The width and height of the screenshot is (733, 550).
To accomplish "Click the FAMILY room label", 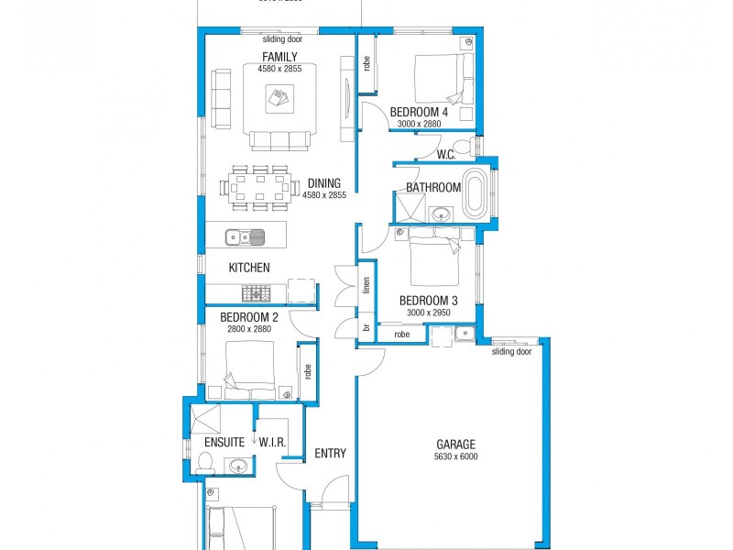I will (x=279, y=57).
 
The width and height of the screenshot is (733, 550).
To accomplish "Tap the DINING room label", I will (x=324, y=182).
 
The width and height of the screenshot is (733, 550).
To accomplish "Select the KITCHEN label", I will (x=249, y=268).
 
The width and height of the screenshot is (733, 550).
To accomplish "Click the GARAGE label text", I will (x=455, y=445).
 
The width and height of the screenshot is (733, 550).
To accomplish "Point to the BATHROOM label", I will (x=433, y=188).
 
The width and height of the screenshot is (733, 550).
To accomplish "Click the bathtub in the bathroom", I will (x=476, y=193).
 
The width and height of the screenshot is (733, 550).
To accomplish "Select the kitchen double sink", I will (x=246, y=237).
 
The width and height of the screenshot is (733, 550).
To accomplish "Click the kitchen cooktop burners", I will (x=255, y=293).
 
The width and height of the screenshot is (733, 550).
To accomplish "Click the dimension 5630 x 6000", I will (x=455, y=456).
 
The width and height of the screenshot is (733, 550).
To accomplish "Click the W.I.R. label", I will (x=272, y=443).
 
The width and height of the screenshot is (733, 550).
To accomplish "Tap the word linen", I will (x=366, y=285).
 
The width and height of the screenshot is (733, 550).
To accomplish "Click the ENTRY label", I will (x=330, y=453).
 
